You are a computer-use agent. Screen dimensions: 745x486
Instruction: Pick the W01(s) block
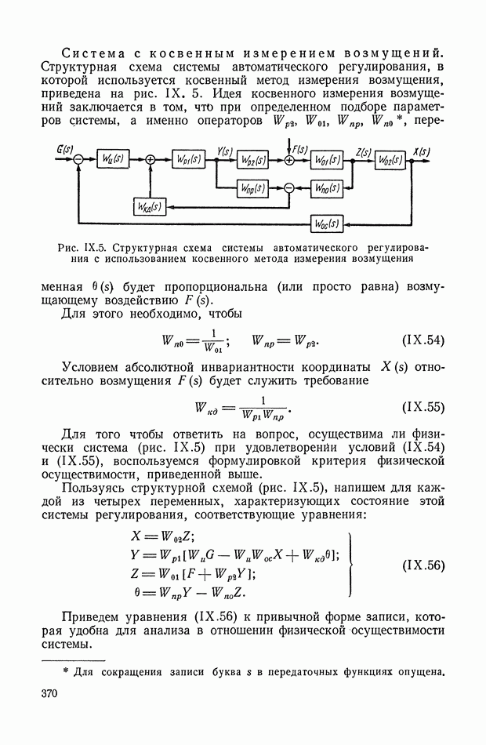coord(325,159)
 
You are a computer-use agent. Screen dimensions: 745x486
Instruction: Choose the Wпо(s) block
coord(325,188)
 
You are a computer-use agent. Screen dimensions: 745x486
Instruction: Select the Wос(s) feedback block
coord(325,223)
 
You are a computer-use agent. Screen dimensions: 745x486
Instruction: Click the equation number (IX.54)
coord(423,341)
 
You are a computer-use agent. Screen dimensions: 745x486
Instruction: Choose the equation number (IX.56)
coord(423,565)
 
